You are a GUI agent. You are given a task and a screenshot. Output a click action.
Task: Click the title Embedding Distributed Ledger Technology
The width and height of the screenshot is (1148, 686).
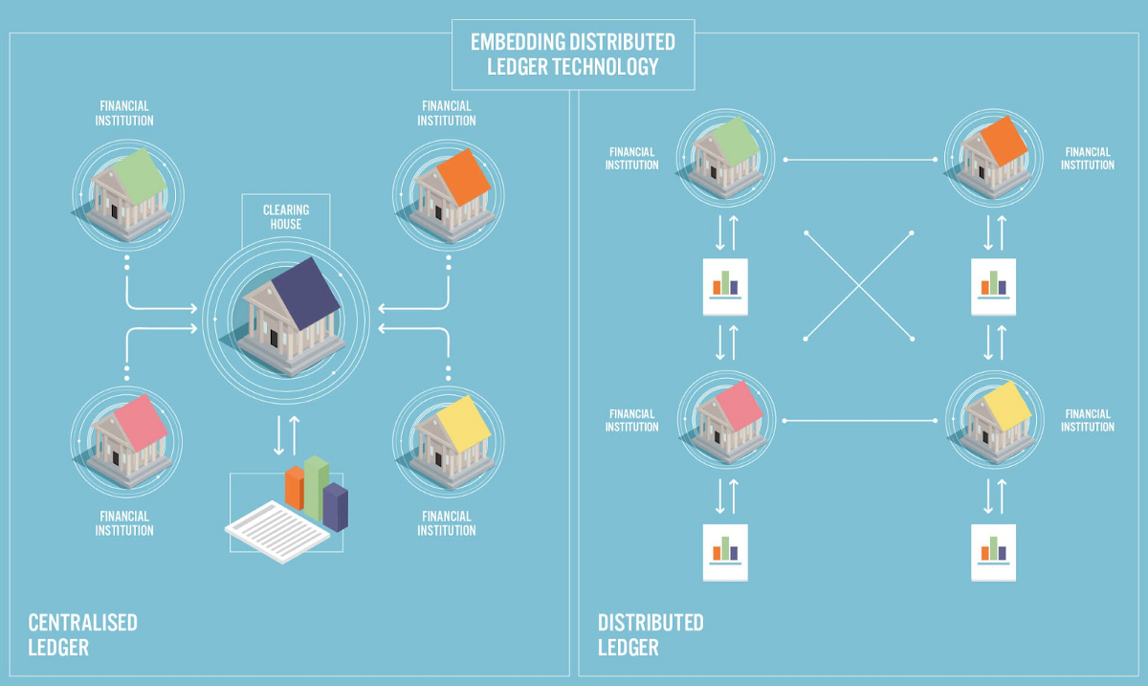[572, 55]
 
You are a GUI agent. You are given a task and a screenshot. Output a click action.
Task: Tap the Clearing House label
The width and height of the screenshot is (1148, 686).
[282, 217]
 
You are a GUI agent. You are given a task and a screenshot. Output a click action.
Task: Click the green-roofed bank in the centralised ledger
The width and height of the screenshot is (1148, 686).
[124, 184]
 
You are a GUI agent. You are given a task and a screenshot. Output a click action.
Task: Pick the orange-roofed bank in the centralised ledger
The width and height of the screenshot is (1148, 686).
[447, 184]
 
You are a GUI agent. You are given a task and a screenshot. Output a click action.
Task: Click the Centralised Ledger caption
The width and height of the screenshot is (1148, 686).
[82, 634]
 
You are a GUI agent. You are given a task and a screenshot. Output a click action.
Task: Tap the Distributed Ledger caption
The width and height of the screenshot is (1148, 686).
[651, 634]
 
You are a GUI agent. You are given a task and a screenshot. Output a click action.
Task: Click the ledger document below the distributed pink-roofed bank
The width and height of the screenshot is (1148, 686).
[725, 552]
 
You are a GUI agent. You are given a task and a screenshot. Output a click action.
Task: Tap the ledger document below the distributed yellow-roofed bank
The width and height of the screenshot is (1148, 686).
[993, 552]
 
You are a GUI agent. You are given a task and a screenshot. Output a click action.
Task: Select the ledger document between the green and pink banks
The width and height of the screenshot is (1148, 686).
[725, 286]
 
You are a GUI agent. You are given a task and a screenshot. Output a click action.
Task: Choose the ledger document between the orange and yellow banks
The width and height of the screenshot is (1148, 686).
[993, 286]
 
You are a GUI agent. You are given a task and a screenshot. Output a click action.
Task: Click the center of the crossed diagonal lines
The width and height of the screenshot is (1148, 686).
[859, 284]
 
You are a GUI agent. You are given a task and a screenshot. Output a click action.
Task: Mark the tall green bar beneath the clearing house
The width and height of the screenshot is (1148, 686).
[316, 483]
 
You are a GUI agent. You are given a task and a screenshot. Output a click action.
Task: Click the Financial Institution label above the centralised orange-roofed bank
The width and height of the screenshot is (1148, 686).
[447, 114]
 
